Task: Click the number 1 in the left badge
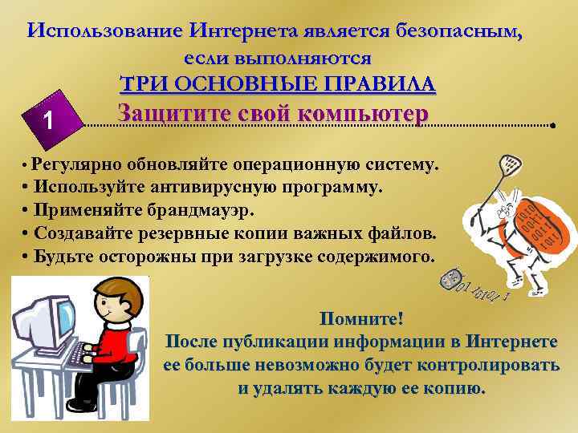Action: pyautogui.click(x=50, y=121)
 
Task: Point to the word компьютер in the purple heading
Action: pyautogui.click(x=363, y=114)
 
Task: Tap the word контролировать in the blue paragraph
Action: pyautogui.click(x=486, y=364)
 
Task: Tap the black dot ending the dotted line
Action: pyautogui.click(x=553, y=127)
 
